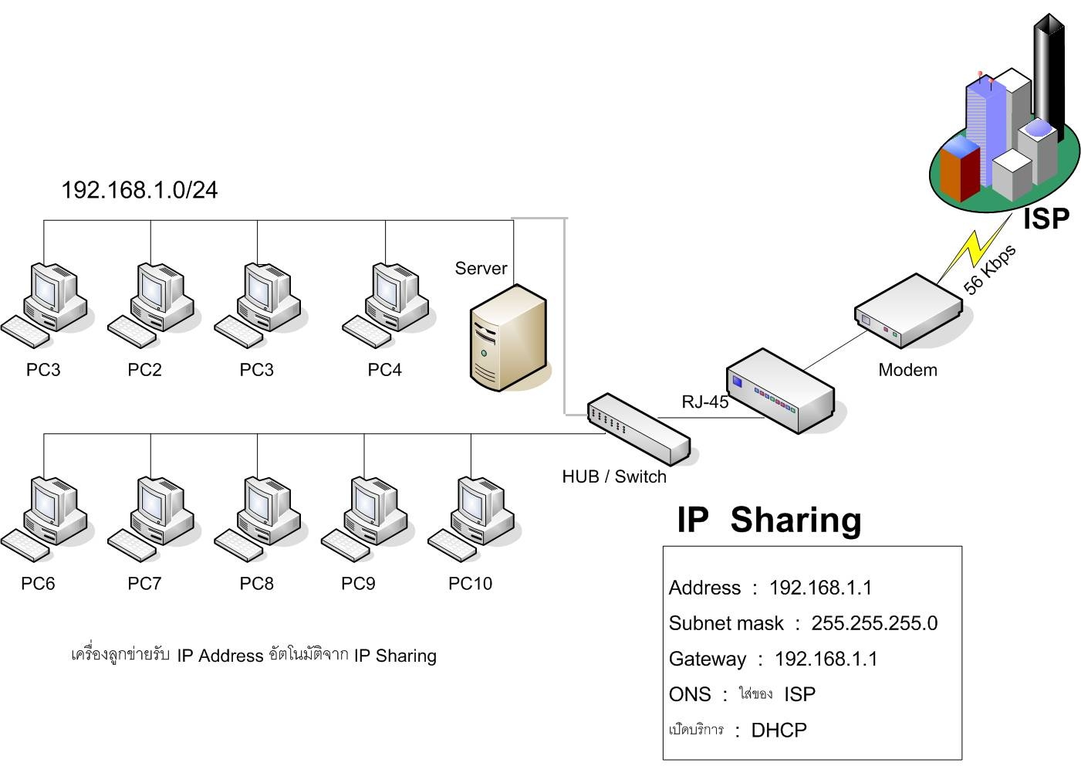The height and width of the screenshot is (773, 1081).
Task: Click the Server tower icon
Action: click(509, 337)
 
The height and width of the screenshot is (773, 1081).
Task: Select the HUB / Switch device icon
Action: click(638, 429)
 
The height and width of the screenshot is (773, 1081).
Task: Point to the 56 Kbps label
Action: click(990, 269)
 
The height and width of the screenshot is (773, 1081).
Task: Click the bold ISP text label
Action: click(1046, 219)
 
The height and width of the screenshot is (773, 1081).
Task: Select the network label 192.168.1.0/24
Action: click(140, 190)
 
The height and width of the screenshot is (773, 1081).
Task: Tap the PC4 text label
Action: click(384, 370)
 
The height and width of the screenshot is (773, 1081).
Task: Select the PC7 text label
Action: click(144, 584)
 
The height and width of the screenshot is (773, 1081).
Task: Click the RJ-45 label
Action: click(704, 402)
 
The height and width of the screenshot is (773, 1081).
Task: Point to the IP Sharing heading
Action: click(769, 520)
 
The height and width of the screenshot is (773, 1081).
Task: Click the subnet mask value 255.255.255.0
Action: click(874, 624)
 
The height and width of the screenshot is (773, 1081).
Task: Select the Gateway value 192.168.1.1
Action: click(826, 659)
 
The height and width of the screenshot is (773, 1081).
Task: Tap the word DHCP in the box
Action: click(779, 731)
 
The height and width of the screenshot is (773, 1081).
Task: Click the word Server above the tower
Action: click(481, 269)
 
